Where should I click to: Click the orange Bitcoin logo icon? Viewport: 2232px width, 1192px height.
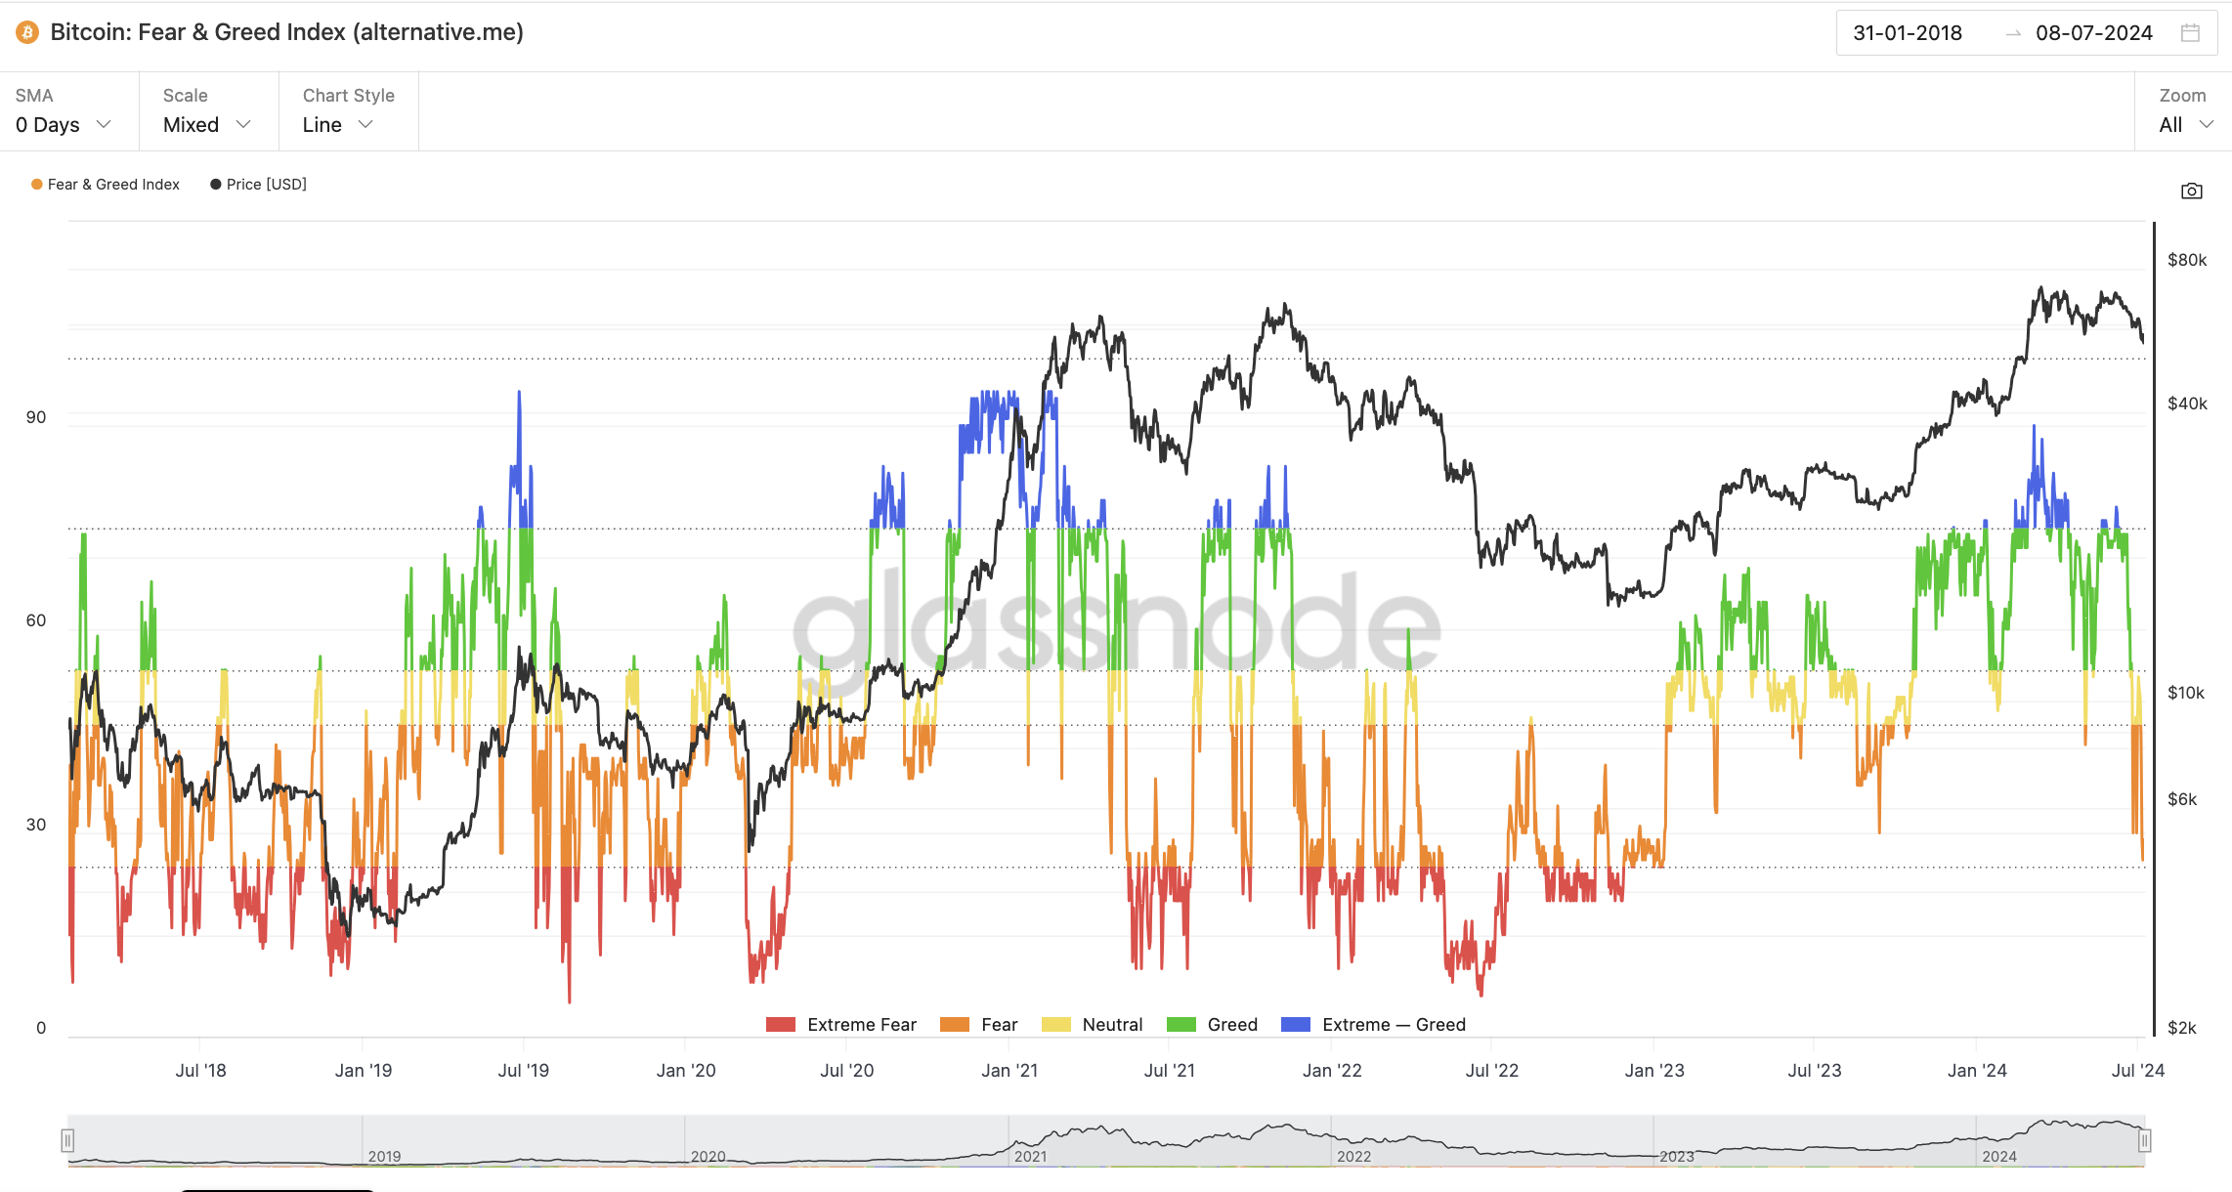click(27, 32)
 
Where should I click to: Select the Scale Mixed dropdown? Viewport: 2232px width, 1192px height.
click(207, 125)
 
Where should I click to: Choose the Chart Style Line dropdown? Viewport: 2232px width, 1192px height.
click(338, 125)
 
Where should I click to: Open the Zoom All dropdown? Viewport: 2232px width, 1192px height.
click(2185, 125)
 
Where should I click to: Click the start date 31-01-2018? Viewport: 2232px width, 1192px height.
click(1908, 33)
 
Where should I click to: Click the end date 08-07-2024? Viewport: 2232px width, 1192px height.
click(2093, 33)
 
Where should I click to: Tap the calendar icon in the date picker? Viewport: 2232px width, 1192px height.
click(2191, 33)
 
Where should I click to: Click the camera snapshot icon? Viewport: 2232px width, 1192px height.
click(2192, 191)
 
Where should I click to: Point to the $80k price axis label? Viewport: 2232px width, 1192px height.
click(2187, 260)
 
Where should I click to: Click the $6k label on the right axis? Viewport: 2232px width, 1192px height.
click(2182, 799)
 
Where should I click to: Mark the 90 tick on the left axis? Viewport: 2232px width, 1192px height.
click(36, 417)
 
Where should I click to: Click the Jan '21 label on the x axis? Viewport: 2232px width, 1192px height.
click(1009, 1071)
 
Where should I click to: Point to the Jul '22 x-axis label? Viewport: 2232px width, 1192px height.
click(1492, 1071)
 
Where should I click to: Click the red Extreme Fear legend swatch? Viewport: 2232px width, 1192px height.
click(781, 1025)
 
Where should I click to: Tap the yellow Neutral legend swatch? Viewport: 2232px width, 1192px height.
click(1056, 1025)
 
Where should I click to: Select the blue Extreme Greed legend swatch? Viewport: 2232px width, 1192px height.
click(1296, 1025)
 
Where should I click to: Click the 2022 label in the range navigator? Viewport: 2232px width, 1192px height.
click(1353, 1157)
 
